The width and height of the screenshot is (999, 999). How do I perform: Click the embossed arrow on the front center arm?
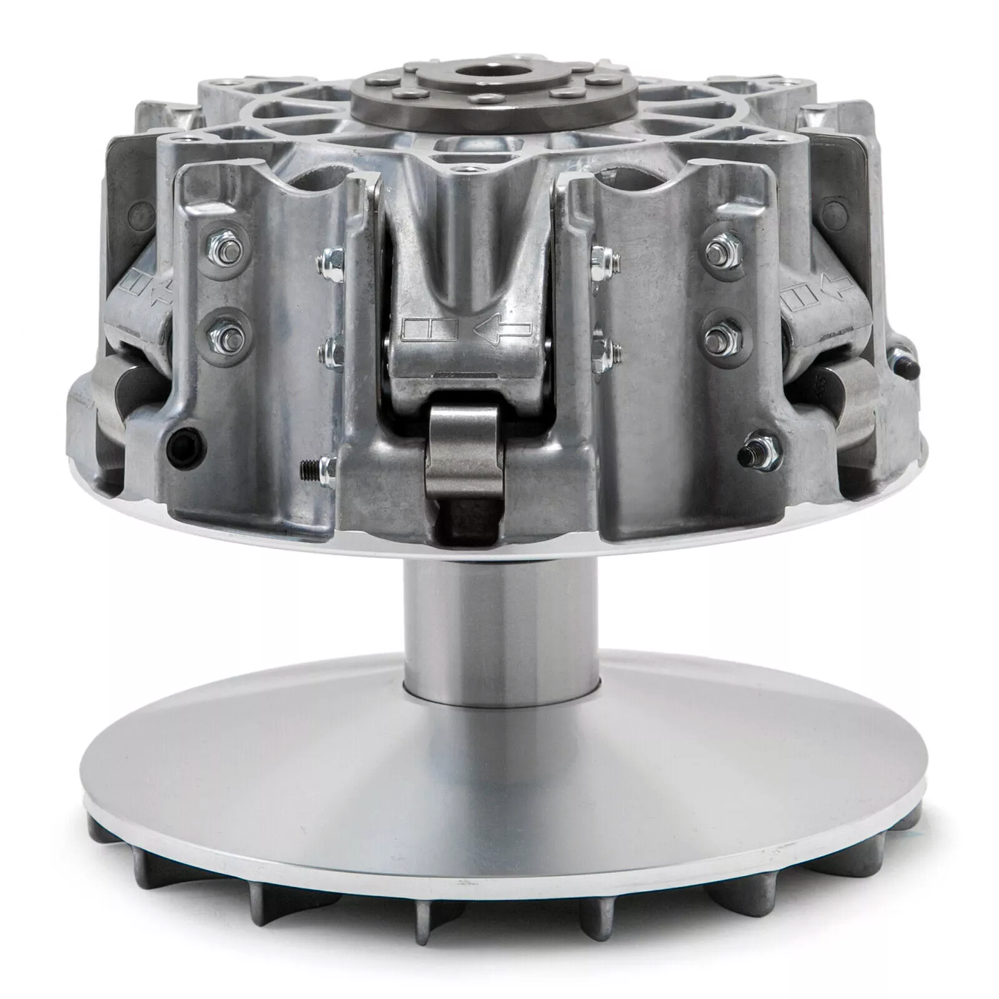502,330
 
